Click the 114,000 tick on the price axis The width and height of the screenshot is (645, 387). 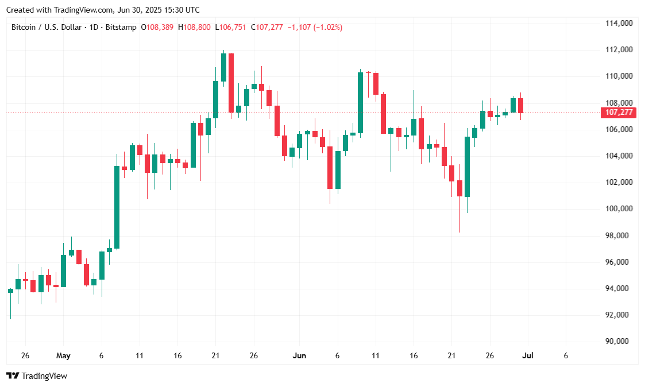(619, 23)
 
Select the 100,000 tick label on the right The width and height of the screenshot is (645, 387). (619, 208)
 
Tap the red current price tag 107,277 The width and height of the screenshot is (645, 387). (619, 113)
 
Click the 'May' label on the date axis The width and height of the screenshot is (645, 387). (63, 356)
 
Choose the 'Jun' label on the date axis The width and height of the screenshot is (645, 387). (299, 356)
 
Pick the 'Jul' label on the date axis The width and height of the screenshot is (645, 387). (527, 356)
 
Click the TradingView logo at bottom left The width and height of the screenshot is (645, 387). (37, 376)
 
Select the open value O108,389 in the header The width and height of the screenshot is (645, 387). (158, 27)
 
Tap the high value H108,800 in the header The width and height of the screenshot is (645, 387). (195, 27)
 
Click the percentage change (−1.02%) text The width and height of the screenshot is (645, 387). (327, 27)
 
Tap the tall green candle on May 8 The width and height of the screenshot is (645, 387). (117, 207)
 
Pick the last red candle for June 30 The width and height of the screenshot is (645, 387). (520, 105)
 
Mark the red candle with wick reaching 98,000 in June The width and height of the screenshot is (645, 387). (459, 188)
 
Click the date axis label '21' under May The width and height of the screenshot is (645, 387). (216, 356)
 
